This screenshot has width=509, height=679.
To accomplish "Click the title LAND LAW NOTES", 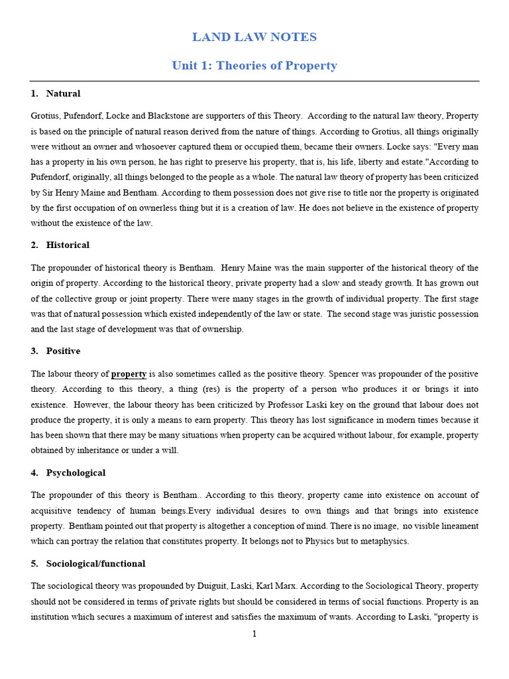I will coord(254,37).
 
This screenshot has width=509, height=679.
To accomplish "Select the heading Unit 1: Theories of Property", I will coord(254,66).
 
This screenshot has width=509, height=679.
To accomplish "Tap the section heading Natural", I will coord(63,93).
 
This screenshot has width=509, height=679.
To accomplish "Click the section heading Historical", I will coord(68,245).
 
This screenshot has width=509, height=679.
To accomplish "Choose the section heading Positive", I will coord(63,351).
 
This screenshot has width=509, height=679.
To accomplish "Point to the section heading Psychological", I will coord(76,473).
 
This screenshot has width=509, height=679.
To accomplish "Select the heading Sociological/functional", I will coord(95,564).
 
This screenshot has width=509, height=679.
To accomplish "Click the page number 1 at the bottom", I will coord(254,634).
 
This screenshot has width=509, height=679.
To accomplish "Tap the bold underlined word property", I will coord(129,374).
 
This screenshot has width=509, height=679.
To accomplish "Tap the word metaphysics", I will coord(384,541).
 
